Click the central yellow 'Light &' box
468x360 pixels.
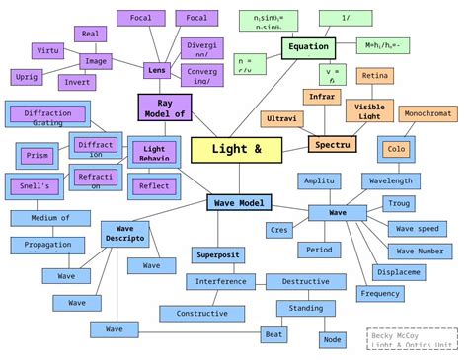coord(236,149)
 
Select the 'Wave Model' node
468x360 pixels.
coord(238,202)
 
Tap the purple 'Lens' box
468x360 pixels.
coord(156,70)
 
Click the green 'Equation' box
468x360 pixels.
coord(309,47)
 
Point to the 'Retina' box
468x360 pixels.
coord(374,76)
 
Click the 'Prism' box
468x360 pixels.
coord(37,155)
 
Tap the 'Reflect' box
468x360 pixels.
coord(154,185)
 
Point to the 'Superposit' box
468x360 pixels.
coord(217,255)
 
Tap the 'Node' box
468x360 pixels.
coord(333,339)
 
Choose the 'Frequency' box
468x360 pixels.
coord(380,294)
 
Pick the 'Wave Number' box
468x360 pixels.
coord(419,251)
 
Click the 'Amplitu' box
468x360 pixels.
coord(320,180)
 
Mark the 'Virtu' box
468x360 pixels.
coord(46,49)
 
